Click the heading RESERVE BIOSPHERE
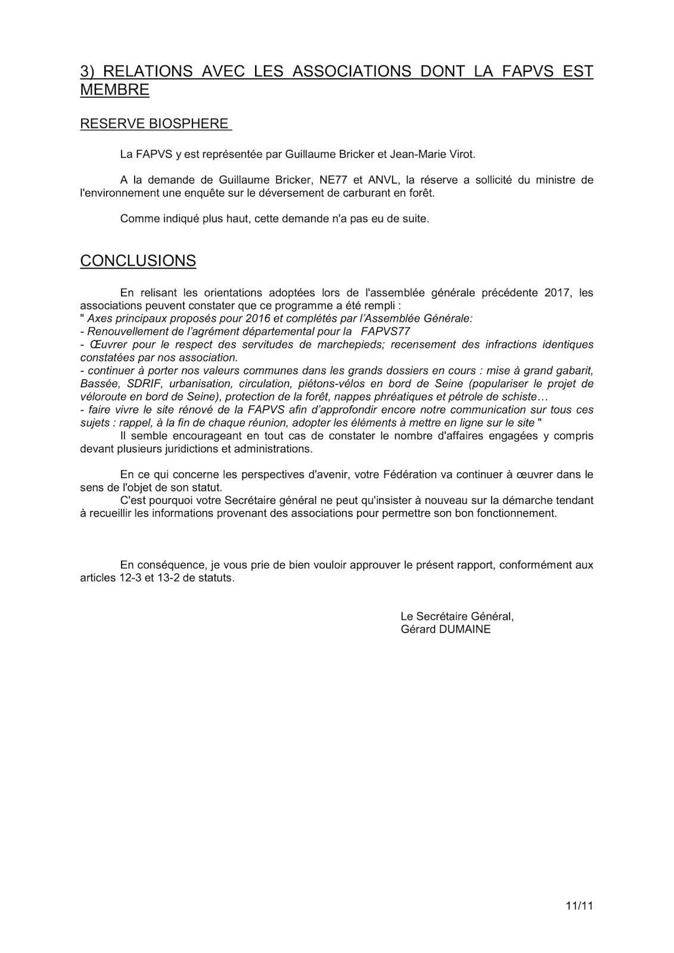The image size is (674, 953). point(154,124)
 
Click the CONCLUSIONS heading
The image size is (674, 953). point(138,261)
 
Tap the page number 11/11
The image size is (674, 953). point(580,907)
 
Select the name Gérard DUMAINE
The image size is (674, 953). point(446,629)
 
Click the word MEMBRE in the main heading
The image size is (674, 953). point(114,90)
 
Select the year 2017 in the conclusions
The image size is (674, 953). point(558,292)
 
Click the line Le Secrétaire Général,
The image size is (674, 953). point(457,616)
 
